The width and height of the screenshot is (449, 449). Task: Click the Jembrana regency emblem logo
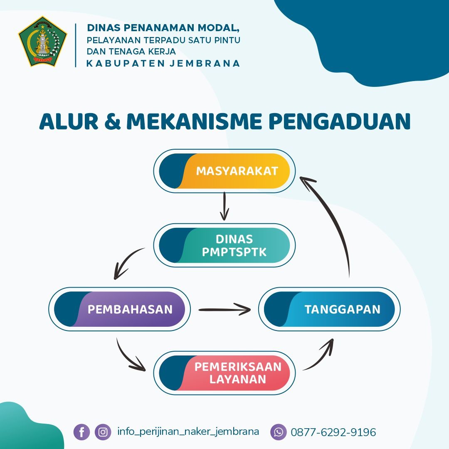coord(43,42)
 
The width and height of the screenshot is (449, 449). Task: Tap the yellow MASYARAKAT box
coord(224,171)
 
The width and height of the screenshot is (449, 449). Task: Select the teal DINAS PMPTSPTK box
coord(224,245)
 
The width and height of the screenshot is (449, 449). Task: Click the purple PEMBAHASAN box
coord(119,309)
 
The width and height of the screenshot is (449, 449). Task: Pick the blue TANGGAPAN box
coord(329,309)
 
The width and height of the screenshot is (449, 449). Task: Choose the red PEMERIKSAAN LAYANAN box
coord(224,373)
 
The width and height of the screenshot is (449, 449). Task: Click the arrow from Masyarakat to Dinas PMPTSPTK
coord(224,206)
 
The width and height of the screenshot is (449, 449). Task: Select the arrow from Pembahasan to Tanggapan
coord(225,310)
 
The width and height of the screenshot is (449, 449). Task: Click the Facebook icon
coord(81,432)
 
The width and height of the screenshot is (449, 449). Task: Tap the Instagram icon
coord(103,432)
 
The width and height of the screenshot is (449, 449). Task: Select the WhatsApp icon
coord(278,432)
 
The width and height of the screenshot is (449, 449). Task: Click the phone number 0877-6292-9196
coord(333,432)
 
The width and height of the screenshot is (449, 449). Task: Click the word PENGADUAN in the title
coord(340,121)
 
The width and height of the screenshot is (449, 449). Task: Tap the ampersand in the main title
coord(112,121)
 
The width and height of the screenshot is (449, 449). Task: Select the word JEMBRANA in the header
coord(205,63)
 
